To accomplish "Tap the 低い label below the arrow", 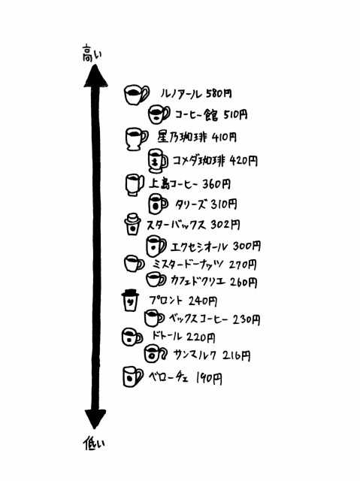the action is [94, 444].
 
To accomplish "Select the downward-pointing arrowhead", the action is [95, 419].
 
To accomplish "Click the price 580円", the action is [219, 93].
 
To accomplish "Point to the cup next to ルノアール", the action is [137, 94].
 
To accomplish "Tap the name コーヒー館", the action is [197, 115].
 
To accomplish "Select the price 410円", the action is [224, 137].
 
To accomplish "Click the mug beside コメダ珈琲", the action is [158, 161].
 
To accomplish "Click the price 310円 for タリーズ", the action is [224, 204].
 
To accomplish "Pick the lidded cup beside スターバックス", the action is [132, 224].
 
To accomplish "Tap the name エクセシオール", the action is [200, 247].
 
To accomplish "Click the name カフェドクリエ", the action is [198, 281].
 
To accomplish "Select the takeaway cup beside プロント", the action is [130, 300].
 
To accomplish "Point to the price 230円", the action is [247, 319].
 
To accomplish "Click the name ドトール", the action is [167, 336].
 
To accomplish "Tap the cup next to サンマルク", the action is [156, 353].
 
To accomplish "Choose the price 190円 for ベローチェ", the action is [209, 379].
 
